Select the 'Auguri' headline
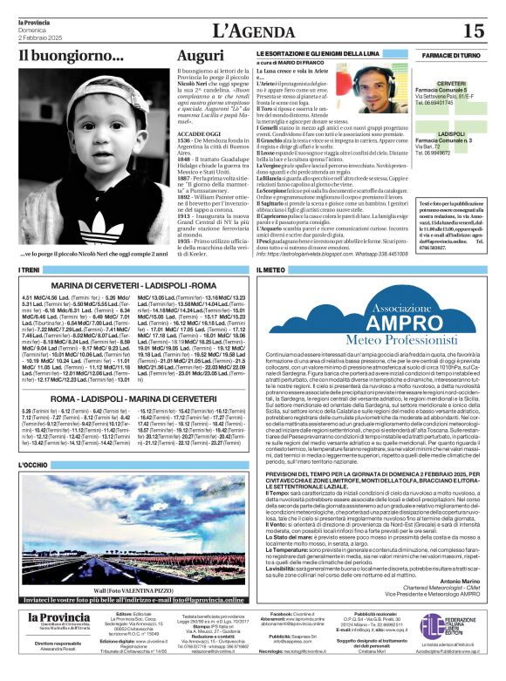pyautogui.click(x=200, y=56)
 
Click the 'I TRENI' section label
pyautogui.click(x=30, y=271)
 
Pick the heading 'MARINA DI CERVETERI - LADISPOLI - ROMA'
pyautogui.click(x=133, y=286)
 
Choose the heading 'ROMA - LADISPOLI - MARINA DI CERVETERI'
pyautogui.click(x=133, y=398)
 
